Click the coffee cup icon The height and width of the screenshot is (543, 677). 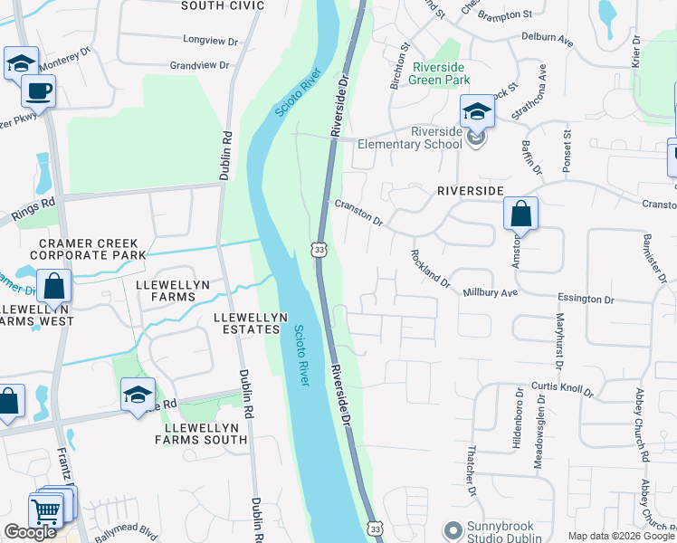(39, 91)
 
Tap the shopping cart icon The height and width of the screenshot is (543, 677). (45, 511)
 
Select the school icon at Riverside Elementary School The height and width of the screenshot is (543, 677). (477, 112)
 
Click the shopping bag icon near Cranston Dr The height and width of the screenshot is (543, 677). (521, 214)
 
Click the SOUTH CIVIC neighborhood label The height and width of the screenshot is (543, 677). (223, 5)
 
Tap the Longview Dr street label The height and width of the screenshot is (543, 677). (209, 41)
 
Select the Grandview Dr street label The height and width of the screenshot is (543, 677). (203, 65)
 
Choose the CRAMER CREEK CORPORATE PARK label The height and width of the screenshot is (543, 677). (88, 250)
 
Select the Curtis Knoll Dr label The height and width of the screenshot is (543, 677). (562, 388)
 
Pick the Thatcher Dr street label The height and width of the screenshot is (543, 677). (472, 474)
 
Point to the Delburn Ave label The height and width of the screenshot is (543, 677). (548, 39)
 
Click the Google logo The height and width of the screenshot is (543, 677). (30, 532)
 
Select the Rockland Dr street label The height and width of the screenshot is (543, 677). (431, 268)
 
